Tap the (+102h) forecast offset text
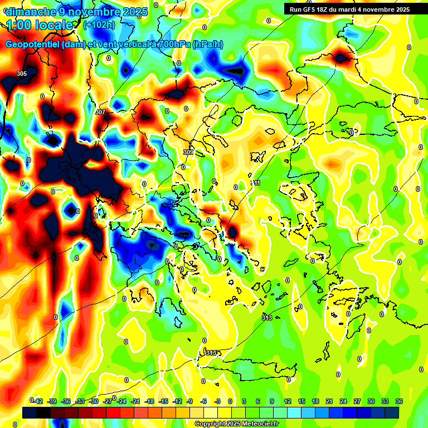pos(99,25)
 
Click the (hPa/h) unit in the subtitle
pos(207,45)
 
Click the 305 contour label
pos(22,74)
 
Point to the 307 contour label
pos(100,112)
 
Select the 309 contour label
pos(188,152)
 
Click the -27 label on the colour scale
pos(108,401)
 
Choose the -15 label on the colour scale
pos(164,401)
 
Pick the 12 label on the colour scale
pos(288,401)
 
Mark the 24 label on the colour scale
pos(343,401)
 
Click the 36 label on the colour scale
pos(399,401)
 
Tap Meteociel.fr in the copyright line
pos(259,424)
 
